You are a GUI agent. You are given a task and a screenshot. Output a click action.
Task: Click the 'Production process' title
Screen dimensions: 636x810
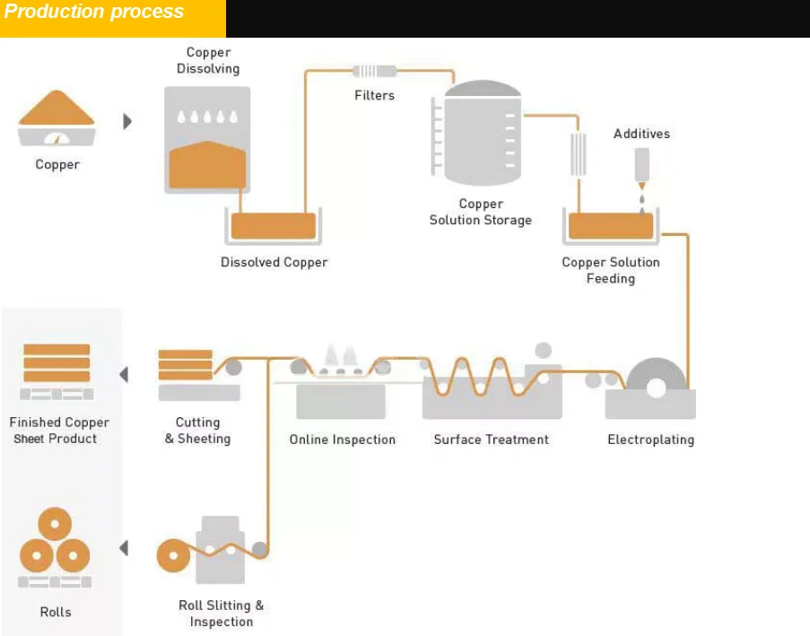point(94,13)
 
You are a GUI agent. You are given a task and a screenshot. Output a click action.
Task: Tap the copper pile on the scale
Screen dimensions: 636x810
point(57,110)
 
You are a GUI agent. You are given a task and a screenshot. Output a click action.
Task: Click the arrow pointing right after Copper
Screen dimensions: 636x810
point(127,121)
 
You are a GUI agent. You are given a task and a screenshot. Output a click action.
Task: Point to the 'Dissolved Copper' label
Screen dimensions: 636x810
point(274,263)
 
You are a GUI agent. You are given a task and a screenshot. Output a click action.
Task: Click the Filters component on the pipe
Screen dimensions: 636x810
point(374,71)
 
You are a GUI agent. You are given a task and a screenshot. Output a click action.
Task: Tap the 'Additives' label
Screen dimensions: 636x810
point(641,134)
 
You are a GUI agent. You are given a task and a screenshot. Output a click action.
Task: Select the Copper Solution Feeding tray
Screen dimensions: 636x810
point(611,225)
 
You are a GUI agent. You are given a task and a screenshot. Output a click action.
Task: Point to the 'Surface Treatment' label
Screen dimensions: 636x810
point(491,440)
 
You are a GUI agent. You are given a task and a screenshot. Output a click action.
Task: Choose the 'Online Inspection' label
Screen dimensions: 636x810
point(342,440)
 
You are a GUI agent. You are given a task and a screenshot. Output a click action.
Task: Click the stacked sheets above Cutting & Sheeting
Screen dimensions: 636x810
point(186,364)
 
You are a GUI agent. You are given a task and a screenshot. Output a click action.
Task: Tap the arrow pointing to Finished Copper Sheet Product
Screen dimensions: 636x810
point(124,374)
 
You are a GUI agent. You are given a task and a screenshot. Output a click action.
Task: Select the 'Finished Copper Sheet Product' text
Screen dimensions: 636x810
point(59,431)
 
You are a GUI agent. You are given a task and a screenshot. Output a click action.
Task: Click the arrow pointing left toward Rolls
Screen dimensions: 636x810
point(124,548)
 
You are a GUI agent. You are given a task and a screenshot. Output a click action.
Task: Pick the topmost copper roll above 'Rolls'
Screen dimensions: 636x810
point(55,524)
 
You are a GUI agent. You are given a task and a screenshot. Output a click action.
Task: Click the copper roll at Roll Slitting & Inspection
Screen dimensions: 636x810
point(174,556)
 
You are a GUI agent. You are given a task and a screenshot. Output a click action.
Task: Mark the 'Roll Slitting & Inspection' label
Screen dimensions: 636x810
point(222,614)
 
